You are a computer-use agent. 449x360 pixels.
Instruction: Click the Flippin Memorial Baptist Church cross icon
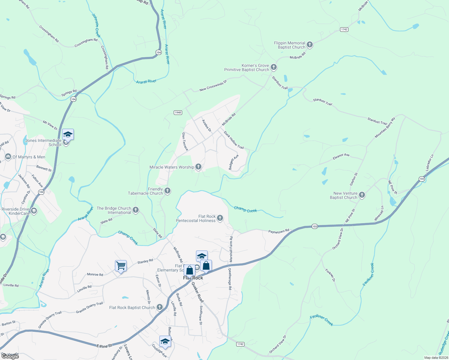(x=310, y=45)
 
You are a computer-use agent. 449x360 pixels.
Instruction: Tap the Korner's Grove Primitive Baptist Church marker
(x=273, y=67)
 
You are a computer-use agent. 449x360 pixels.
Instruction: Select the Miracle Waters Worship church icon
(x=198, y=166)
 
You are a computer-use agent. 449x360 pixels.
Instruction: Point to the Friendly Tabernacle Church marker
(x=167, y=190)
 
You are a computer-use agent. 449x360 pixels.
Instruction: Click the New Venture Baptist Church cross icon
(x=362, y=195)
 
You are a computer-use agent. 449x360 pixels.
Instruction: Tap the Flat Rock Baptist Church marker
(x=160, y=307)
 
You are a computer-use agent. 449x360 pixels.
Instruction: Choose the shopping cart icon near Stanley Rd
(x=121, y=265)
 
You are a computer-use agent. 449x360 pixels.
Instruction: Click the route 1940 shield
(x=178, y=112)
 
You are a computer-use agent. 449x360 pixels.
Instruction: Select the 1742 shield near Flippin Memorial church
(x=344, y=29)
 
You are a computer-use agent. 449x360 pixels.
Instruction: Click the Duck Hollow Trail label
(x=234, y=140)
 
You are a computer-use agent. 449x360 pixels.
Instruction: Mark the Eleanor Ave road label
(x=341, y=156)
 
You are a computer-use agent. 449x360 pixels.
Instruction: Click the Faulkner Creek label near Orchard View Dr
(x=321, y=320)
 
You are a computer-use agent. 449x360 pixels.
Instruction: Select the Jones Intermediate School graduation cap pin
(x=68, y=134)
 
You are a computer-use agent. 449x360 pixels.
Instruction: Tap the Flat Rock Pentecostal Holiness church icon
(x=220, y=218)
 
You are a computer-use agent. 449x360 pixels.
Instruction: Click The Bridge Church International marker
(x=136, y=210)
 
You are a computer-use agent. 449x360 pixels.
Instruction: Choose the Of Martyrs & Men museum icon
(x=8, y=157)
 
